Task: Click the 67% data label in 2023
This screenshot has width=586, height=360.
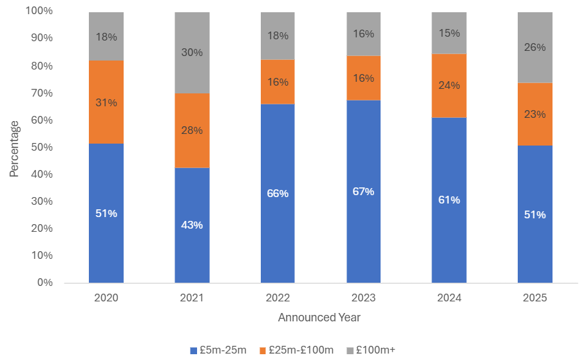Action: tap(363, 192)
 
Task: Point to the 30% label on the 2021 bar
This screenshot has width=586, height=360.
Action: tap(192, 53)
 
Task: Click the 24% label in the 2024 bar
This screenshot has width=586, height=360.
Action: tap(449, 85)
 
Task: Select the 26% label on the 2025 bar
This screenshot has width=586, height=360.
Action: tap(534, 47)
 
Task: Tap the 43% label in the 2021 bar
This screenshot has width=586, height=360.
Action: tap(192, 225)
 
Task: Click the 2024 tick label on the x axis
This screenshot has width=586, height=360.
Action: tap(449, 298)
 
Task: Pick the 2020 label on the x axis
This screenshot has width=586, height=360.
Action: tap(106, 298)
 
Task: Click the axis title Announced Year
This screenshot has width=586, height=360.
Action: tap(319, 317)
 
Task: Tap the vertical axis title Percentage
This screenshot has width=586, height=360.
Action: tap(14, 147)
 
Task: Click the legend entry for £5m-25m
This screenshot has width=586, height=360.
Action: tap(218, 350)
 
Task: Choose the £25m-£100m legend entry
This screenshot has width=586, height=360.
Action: tap(297, 350)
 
